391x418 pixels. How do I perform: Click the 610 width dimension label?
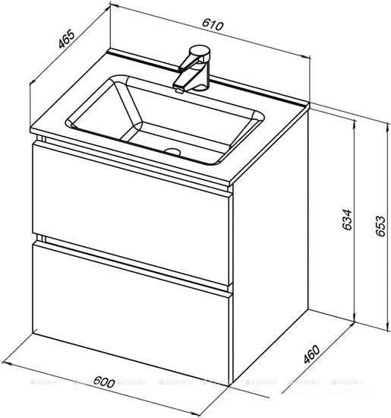[213, 24]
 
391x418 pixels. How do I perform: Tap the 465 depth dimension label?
[66, 40]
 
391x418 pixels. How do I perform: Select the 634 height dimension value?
[347, 220]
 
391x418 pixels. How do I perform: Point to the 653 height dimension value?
[380, 226]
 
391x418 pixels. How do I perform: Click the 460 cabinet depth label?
[311, 354]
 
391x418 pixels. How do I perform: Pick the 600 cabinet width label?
[104, 382]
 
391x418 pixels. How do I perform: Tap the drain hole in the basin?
[172, 152]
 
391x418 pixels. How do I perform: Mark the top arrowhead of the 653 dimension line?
[386, 125]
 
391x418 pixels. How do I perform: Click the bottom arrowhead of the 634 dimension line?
[355, 318]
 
